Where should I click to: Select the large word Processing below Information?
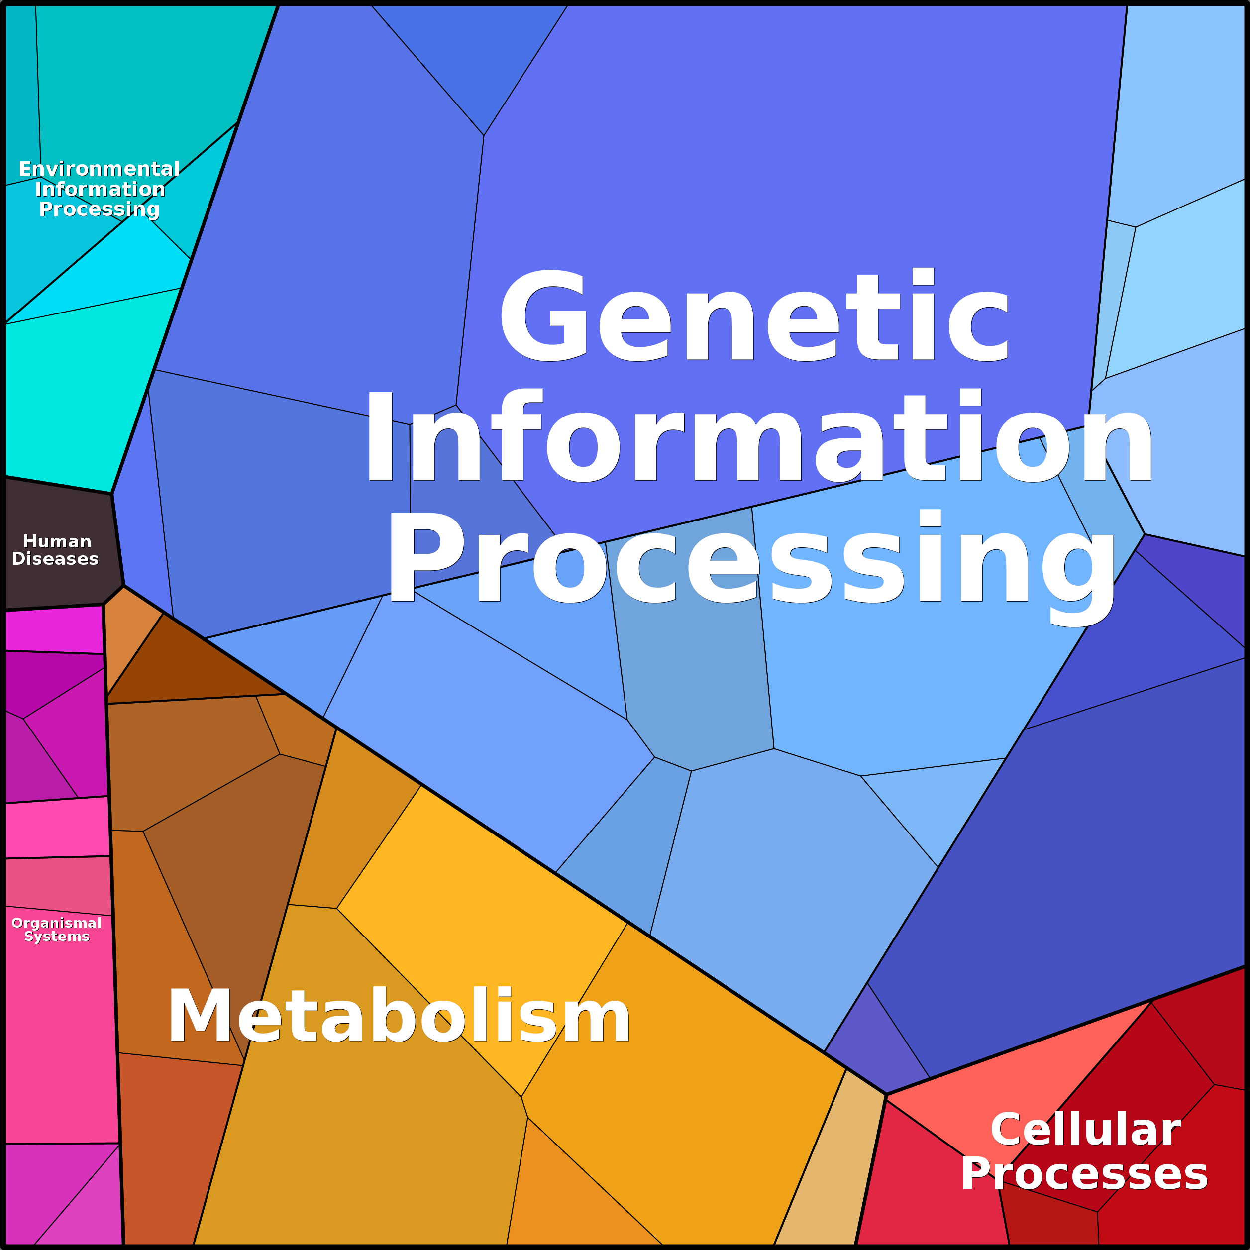click(x=750, y=560)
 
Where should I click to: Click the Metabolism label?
click(x=399, y=1017)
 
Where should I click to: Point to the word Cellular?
click(x=1085, y=1130)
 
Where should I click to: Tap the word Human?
click(x=57, y=541)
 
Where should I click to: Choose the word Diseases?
click(x=55, y=559)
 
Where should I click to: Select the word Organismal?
click(x=56, y=923)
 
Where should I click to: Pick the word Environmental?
click(x=99, y=169)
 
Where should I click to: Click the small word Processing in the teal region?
click(x=99, y=209)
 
